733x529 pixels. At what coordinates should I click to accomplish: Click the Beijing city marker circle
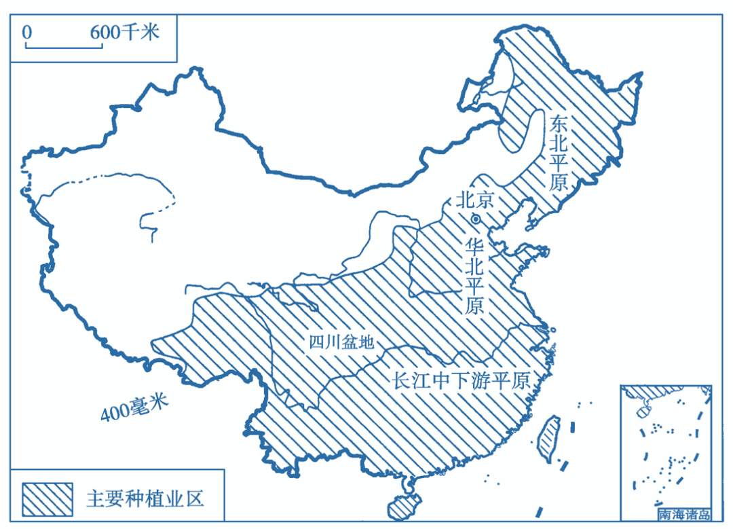pyautogui.click(x=476, y=219)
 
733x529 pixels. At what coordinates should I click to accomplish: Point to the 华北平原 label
pyautogui.click(x=474, y=275)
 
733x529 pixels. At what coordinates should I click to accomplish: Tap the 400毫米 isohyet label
pyautogui.click(x=134, y=407)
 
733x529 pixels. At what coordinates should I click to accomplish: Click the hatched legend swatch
pyautogui.click(x=48, y=498)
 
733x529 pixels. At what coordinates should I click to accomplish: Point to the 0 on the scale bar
pyautogui.click(x=27, y=32)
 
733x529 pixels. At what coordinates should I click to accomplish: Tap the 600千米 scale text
pyautogui.click(x=125, y=31)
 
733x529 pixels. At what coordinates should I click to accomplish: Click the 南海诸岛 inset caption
pyautogui.click(x=684, y=514)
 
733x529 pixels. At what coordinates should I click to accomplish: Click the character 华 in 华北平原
pyautogui.click(x=474, y=245)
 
